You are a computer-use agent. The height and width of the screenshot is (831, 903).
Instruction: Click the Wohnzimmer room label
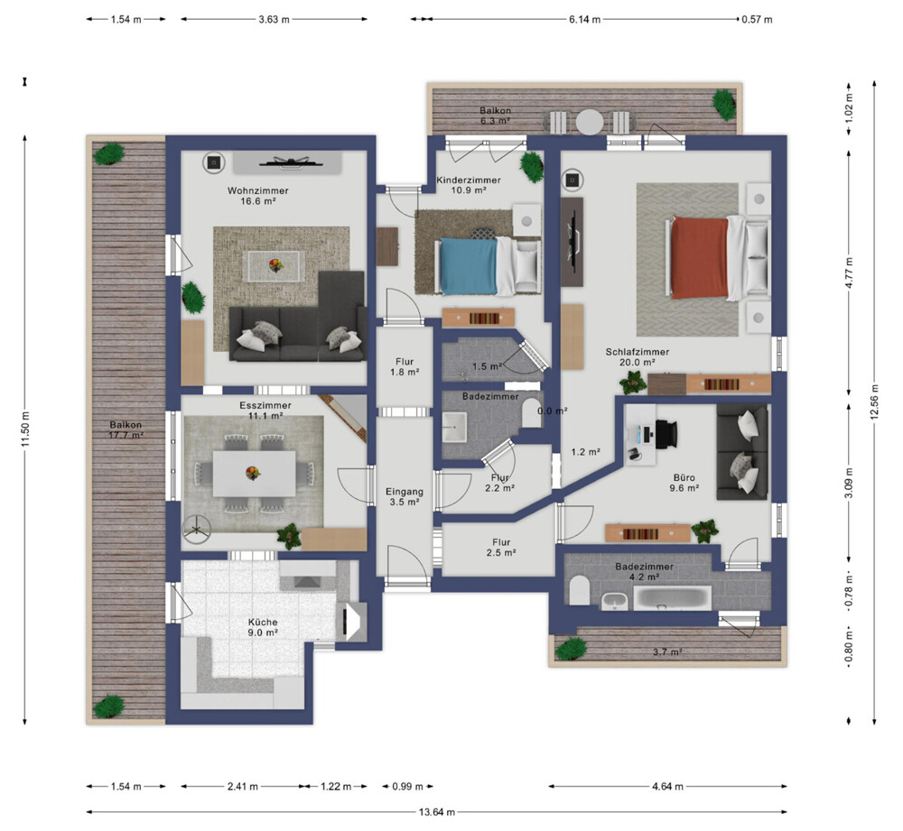click(x=258, y=197)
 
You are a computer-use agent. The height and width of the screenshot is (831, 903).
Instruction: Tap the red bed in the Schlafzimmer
click(x=700, y=258)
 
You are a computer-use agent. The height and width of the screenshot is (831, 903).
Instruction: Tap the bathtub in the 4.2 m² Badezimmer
click(x=673, y=597)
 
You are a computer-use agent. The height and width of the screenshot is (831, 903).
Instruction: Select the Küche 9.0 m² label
click(x=263, y=627)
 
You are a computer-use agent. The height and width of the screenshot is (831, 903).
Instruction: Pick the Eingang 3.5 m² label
click(x=405, y=497)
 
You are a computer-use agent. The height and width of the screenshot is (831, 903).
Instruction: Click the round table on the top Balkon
click(x=590, y=121)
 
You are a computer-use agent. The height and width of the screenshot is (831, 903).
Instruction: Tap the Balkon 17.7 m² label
click(x=126, y=429)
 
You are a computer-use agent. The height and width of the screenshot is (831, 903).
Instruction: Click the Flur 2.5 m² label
click(x=498, y=547)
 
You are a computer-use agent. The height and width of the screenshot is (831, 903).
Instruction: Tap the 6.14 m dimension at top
click(x=584, y=19)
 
